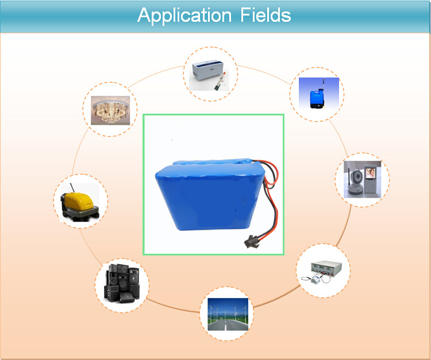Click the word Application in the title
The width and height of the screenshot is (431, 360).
coord(184,16)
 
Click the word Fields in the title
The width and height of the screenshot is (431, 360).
coord(265,15)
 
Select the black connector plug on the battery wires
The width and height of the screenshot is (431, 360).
coord(251,241)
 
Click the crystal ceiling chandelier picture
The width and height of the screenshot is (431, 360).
coord(110,110)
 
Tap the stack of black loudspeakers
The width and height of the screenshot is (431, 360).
coord(122,283)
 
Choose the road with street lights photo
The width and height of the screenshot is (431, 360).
coord(228,315)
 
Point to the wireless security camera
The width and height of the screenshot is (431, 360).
coord(355,182)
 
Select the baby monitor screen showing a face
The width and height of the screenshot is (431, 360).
coord(370,173)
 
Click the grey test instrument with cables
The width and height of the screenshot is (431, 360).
coord(326,267)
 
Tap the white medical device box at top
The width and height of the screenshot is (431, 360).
coord(207,71)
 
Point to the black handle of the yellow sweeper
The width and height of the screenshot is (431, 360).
coord(72,188)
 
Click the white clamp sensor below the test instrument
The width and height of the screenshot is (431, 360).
coord(315,280)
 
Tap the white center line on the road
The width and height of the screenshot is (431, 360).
coord(225,327)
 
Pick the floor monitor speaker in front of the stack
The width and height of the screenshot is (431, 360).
coord(126,297)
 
